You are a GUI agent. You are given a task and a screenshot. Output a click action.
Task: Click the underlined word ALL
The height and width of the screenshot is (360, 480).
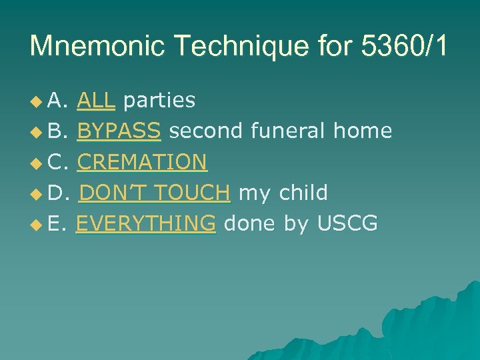97,100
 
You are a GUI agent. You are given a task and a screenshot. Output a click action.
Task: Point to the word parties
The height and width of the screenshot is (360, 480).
159,101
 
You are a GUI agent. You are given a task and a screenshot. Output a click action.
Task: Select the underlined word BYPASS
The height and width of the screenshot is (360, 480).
119,131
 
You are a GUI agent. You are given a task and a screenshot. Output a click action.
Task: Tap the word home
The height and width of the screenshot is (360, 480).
363,131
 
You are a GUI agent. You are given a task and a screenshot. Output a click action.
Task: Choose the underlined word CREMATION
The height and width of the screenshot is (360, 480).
142,162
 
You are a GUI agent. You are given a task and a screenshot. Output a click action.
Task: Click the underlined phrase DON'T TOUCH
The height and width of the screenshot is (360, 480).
155,193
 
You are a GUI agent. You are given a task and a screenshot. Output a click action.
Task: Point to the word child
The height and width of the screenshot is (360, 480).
303,193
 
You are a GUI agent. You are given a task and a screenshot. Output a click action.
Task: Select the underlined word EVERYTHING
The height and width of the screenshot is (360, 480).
146,223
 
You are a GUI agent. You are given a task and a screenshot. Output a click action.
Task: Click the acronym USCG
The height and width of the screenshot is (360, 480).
347,223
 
